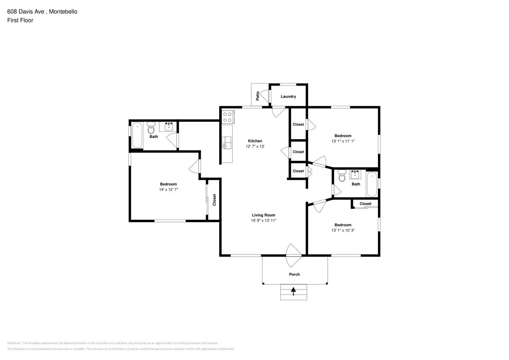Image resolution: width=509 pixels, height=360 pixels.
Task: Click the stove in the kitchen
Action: point(228,117)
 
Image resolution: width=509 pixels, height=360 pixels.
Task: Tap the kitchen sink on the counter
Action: point(226,143)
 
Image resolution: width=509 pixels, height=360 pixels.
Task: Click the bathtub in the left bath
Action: point(137,135)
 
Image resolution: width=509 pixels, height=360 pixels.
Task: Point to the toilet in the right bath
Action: point(342,176)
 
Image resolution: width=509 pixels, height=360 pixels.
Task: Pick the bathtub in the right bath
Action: point(371,184)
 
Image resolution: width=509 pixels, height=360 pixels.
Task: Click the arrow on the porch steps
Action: point(293,291)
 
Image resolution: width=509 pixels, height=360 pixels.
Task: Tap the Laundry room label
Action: point(288,96)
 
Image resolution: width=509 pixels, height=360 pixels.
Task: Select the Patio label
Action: point(258,95)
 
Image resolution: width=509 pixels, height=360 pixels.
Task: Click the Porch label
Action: point(294,274)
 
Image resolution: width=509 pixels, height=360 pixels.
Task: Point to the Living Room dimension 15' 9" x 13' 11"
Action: point(263,220)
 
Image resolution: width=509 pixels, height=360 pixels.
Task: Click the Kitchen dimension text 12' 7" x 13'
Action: point(255,146)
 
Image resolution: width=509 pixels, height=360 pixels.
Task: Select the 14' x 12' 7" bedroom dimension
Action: point(168,189)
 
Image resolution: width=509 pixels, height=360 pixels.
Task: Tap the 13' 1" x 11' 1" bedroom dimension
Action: point(343,141)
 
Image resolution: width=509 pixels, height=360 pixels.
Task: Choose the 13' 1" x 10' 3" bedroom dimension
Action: point(343,230)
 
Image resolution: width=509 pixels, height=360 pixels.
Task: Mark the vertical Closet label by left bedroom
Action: point(214,200)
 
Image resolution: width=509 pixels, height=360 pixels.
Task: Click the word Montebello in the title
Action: point(63,12)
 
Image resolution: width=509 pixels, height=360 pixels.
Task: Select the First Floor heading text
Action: point(20,20)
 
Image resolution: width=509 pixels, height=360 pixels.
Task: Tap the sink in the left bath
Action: point(168,126)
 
